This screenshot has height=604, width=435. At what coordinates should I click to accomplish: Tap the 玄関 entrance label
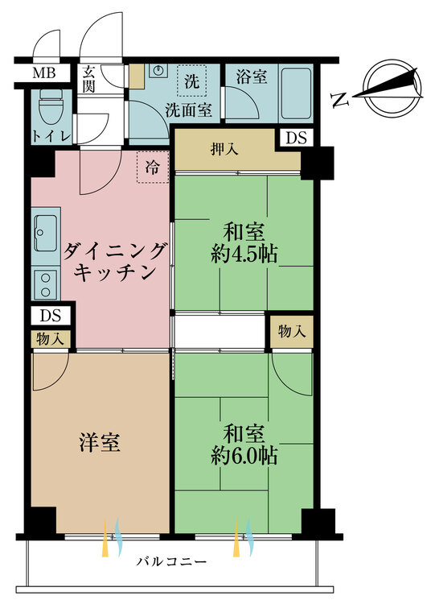[89, 78]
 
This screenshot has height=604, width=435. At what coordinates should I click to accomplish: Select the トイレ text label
[51, 136]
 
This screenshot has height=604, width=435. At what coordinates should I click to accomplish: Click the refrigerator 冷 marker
[152, 168]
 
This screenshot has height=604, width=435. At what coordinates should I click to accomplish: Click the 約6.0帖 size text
[244, 456]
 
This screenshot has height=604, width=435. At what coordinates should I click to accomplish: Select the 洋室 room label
[100, 442]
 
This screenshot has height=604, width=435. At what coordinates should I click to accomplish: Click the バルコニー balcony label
[171, 561]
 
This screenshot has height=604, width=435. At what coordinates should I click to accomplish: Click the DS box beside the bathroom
[296, 138]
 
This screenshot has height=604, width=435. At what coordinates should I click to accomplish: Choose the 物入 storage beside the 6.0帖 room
[290, 332]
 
